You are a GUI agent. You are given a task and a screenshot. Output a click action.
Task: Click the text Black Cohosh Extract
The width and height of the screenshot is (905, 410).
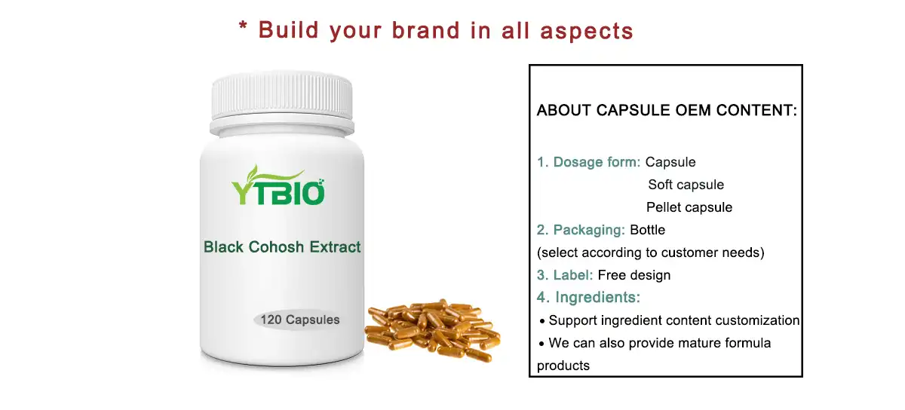282,246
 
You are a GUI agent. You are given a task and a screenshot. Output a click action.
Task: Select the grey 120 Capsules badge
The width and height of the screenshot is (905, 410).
299,320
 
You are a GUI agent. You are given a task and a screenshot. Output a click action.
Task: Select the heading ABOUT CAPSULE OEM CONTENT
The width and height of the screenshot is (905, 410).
667,111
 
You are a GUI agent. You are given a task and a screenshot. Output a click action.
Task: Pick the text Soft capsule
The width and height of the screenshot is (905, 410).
686,185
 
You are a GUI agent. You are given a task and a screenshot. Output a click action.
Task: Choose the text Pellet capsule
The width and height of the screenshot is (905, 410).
689,207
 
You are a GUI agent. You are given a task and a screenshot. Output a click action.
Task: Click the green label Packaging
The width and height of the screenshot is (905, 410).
589,230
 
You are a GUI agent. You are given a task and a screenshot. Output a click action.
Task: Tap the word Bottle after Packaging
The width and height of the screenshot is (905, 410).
647,230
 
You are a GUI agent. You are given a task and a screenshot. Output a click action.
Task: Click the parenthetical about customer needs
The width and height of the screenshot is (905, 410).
650,252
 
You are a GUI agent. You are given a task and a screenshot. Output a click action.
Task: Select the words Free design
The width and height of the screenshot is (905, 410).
633,275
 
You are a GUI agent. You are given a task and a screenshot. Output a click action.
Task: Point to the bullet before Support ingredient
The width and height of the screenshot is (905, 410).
542,321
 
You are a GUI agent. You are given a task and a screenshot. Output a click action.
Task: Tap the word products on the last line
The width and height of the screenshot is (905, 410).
563,366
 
